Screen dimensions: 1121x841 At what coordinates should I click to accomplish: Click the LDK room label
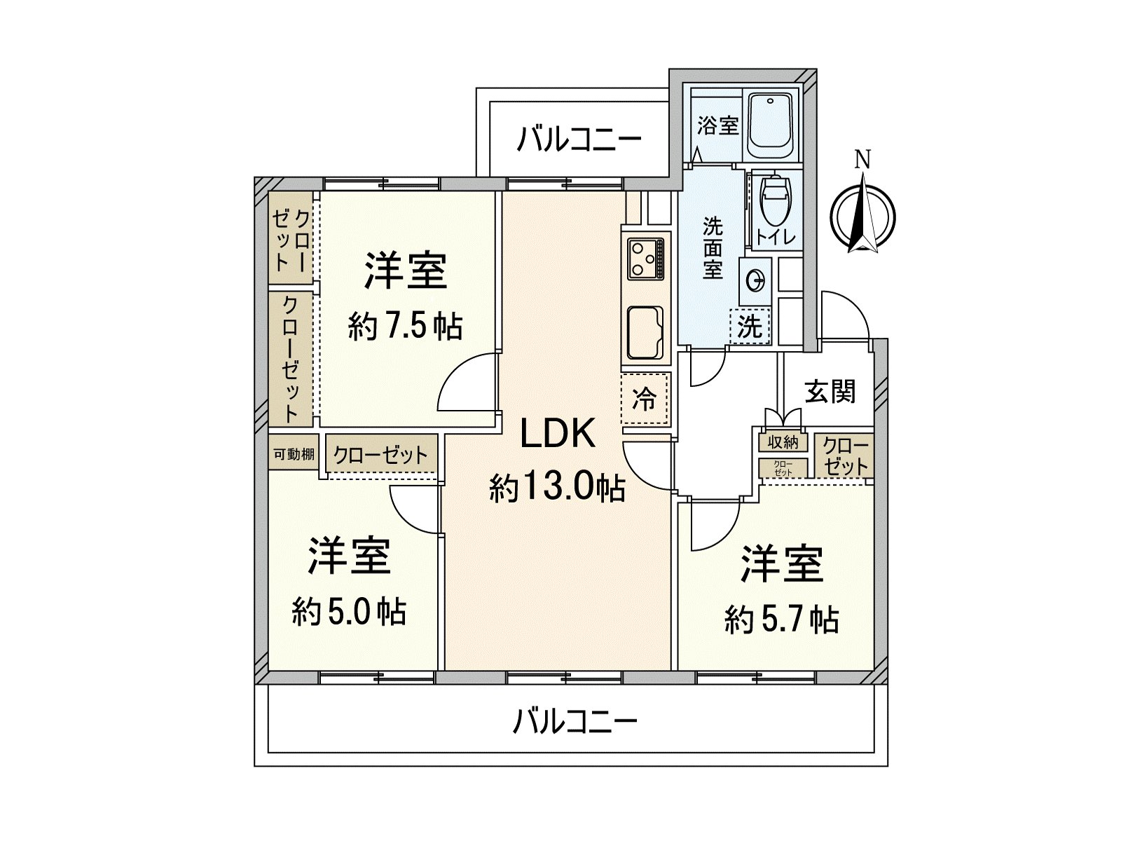[558, 434]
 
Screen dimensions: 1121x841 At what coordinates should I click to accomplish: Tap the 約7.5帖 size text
[406, 327]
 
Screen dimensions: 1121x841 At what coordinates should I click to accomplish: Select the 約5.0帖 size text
[350, 612]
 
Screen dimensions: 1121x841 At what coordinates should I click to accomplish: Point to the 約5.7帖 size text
[782, 620]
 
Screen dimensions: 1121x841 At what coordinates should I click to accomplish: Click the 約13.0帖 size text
[558, 488]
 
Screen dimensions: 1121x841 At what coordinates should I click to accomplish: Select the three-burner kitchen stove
[646, 259]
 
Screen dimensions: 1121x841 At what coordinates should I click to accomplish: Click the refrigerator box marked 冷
[645, 399]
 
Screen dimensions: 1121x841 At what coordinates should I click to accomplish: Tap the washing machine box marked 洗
[749, 327]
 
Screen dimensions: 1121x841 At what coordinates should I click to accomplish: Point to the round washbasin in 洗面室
[755, 280]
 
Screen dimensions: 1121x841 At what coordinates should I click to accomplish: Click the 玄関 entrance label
[830, 392]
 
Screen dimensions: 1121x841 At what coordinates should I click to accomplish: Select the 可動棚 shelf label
[294, 454]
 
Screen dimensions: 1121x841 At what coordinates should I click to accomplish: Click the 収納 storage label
[783, 442]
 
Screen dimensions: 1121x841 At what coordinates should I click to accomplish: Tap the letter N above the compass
[862, 160]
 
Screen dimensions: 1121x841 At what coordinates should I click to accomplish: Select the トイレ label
[776, 238]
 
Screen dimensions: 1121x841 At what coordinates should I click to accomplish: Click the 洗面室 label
[713, 249]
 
